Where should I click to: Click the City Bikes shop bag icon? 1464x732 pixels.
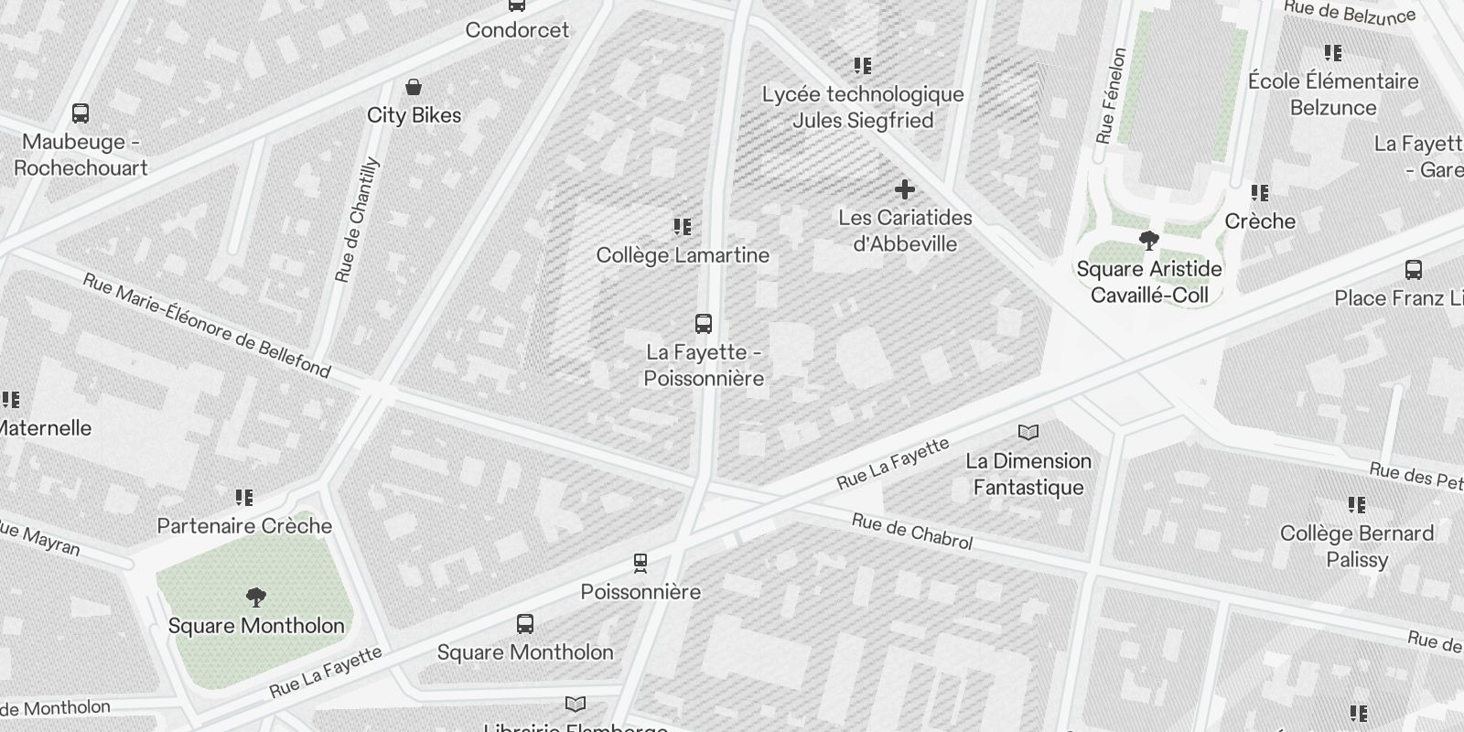(x=414, y=88)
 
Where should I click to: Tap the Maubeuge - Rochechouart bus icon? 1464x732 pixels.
(x=81, y=114)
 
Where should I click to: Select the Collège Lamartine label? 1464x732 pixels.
(x=683, y=255)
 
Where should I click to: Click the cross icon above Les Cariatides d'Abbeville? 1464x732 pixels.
(x=905, y=189)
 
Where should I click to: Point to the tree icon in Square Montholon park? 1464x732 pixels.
(x=256, y=598)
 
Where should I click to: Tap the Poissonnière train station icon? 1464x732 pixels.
(x=640, y=563)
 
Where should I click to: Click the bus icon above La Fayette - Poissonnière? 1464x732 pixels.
(x=703, y=324)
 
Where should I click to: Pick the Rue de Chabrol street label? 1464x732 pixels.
(x=912, y=532)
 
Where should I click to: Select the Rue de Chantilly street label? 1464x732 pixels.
(x=357, y=221)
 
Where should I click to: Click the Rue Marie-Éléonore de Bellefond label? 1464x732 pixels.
(x=207, y=325)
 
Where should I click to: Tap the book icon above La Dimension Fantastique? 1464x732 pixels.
(x=1028, y=432)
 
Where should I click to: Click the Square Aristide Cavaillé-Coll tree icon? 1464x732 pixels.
(x=1148, y=241)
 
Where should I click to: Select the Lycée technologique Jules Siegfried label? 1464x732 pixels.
(x=863, y=107)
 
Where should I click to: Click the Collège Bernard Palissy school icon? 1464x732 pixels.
(x=1357, y=505)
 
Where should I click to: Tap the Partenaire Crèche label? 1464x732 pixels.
(x=244, y=526)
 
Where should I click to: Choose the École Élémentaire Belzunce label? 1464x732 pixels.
(x=1333, y=94)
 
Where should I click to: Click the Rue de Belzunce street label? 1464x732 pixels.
(x=1350, y=12)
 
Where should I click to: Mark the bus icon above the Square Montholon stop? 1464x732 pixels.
(x=524, y=625)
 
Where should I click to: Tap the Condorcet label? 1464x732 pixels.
(x=517, y=30)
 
